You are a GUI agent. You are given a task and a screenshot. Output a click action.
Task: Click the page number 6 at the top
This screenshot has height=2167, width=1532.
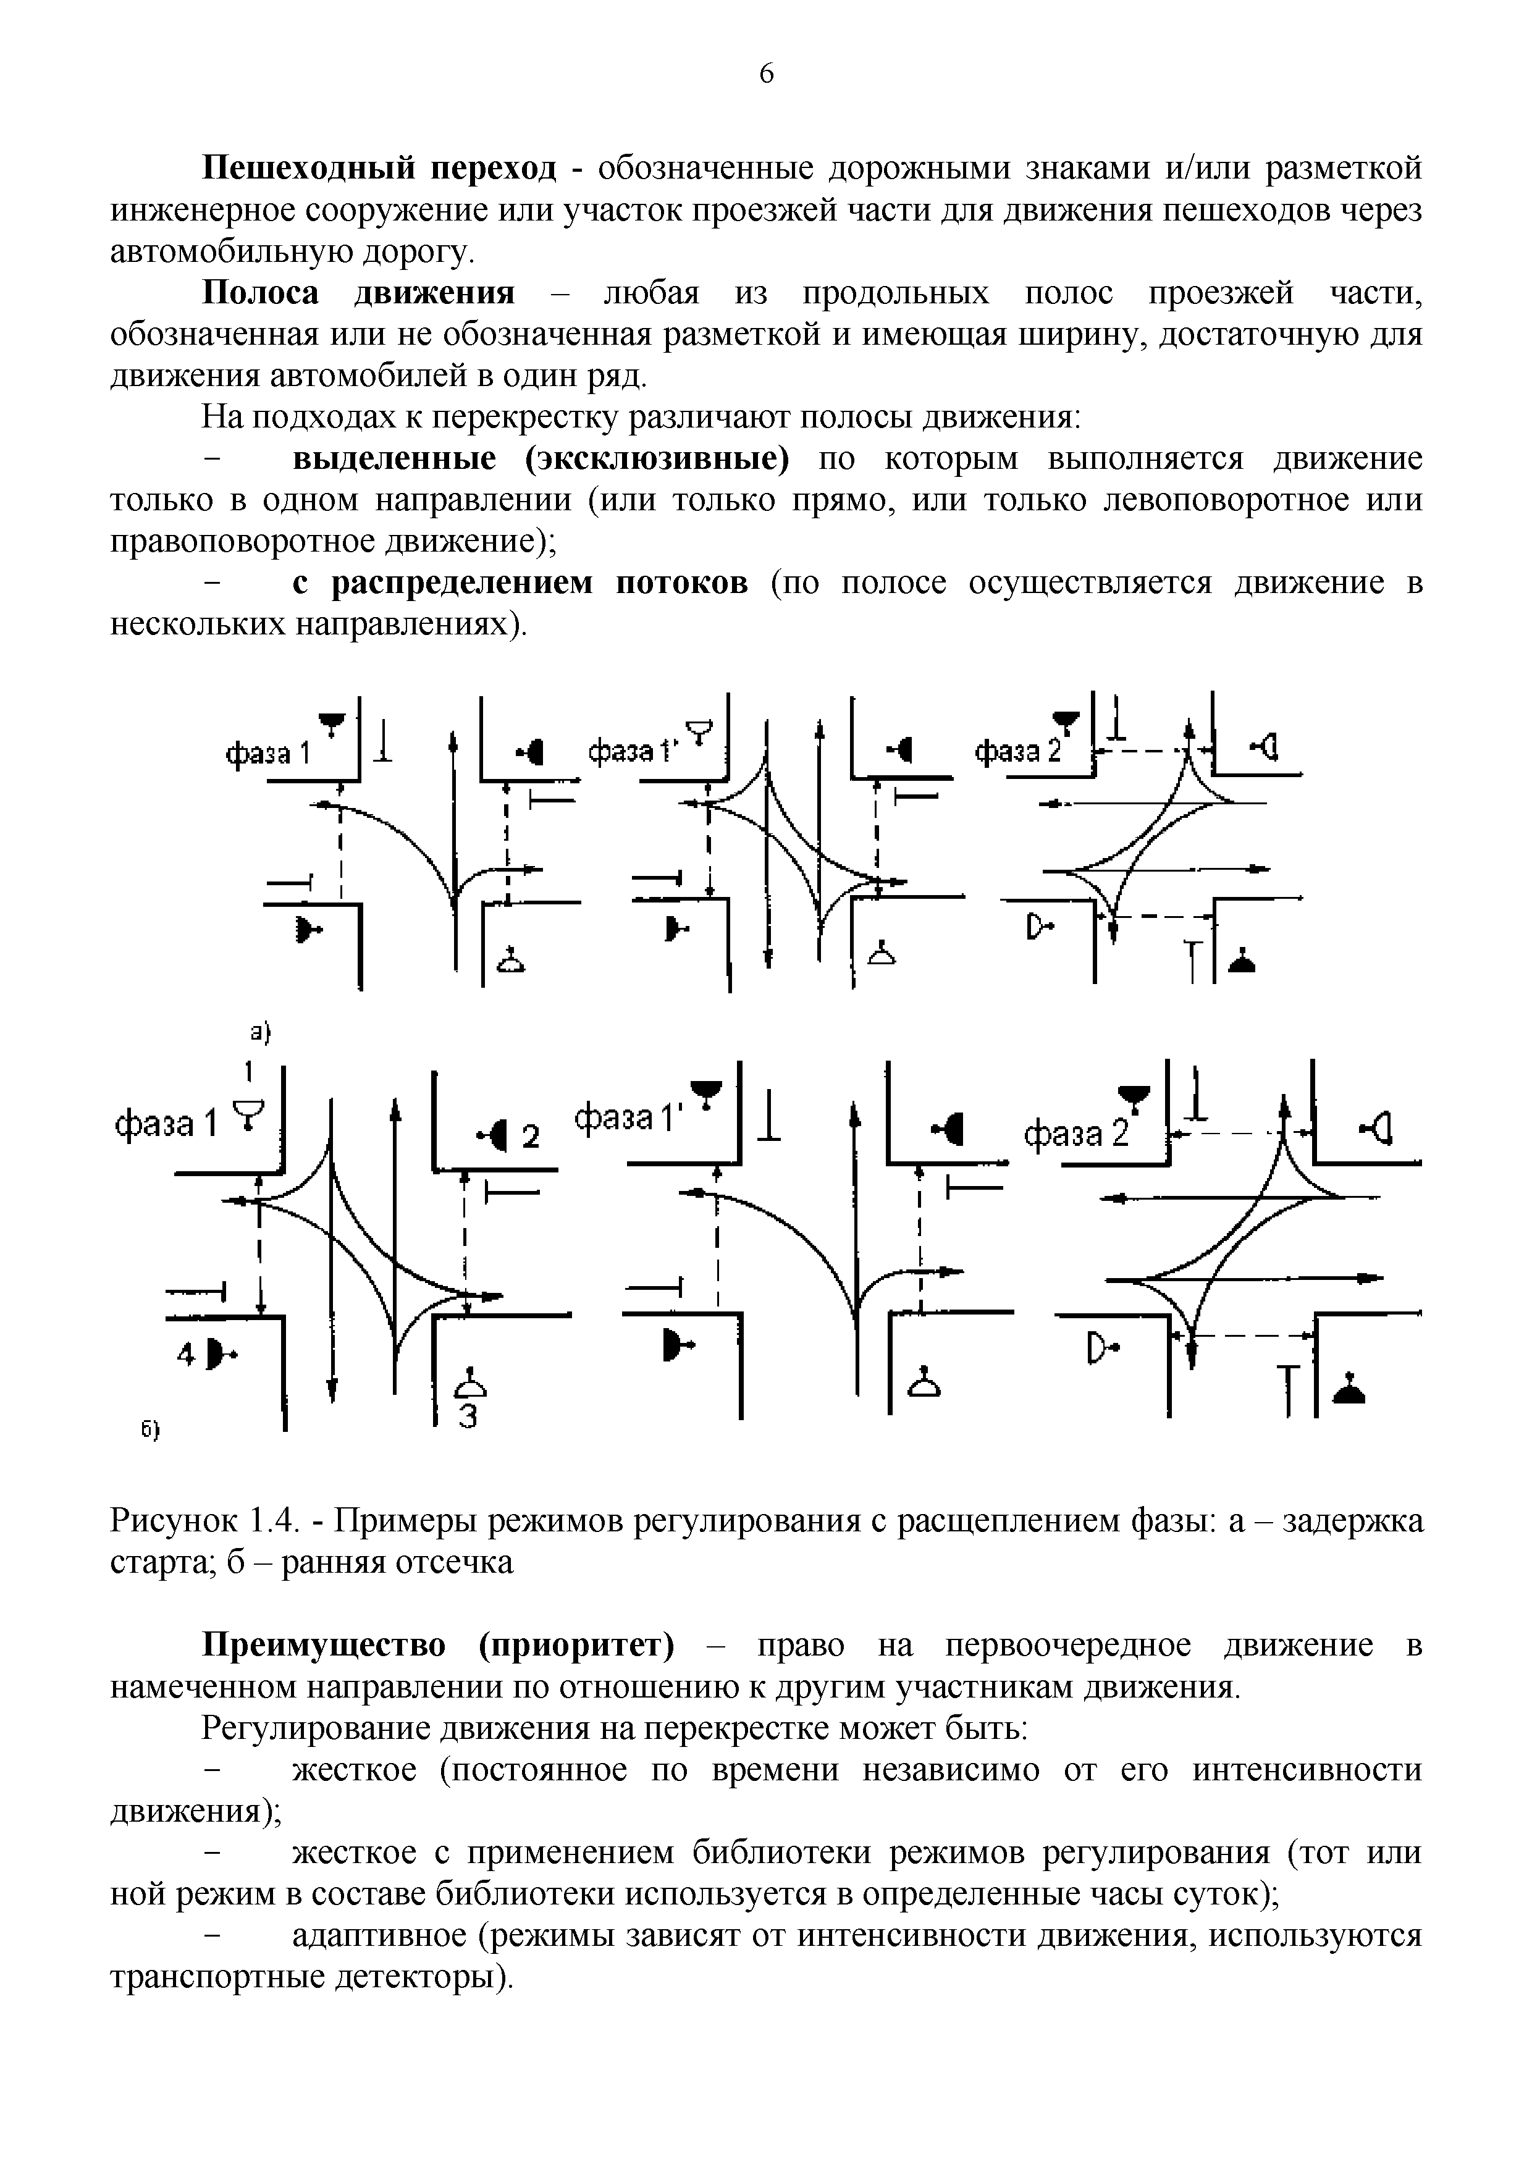pyautogui.click(x=765, y=74)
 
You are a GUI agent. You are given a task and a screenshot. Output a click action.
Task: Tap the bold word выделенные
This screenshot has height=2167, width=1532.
pyautogui.click(x=395, y=459)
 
